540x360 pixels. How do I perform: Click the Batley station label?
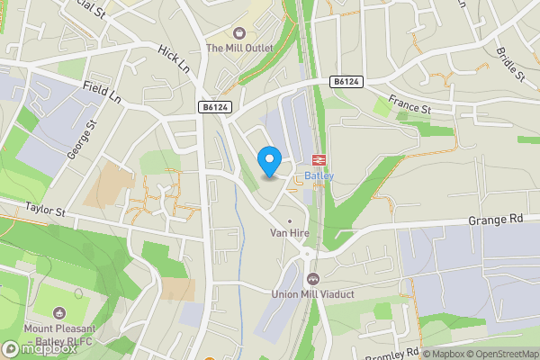click(x=319, y=175)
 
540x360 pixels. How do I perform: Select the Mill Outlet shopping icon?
click(x=238, y=33)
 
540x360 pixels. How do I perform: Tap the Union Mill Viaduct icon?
click(x=312, y=278)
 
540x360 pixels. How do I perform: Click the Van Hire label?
click(x=290, y=232)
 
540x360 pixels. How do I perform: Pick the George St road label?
click(x=79, y=140)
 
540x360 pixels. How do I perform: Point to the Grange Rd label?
click(x=494, y=220)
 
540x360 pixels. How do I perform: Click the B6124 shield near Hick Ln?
click(x=215, y=107)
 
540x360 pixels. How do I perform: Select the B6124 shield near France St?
click(x=345, y=82)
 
